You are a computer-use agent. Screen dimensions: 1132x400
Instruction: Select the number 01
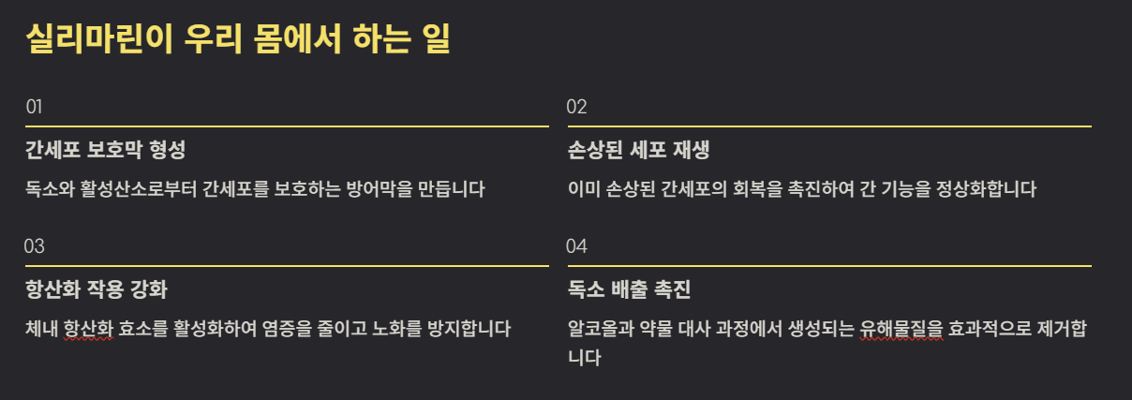35,107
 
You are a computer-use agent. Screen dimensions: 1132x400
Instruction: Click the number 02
576,107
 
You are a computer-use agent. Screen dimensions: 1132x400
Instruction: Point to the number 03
35,246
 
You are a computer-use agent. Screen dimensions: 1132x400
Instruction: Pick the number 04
576,246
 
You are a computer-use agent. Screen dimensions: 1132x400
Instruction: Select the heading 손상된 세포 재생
645,150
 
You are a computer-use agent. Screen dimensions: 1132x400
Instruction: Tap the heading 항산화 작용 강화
97,289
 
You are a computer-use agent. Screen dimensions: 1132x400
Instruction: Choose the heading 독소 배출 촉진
629,289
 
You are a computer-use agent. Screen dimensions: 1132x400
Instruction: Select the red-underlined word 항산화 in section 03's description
88,329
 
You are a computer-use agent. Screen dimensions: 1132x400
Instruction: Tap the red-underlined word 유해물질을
902,329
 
